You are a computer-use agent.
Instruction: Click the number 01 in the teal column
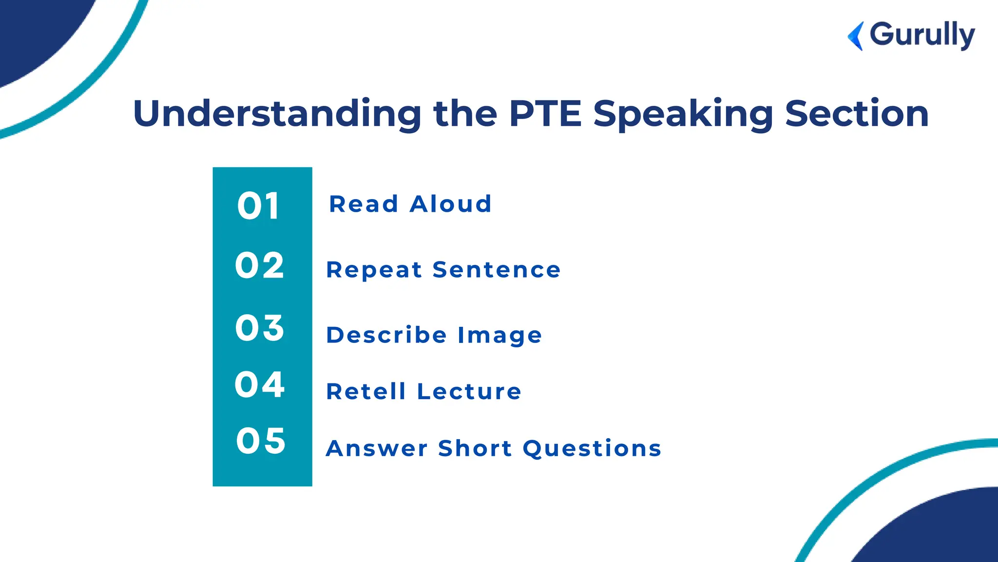coord(258,206)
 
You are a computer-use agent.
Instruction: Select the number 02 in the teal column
coord(259,266)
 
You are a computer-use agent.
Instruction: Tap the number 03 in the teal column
coord(259,327)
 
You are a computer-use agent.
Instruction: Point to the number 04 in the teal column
coord(259,384)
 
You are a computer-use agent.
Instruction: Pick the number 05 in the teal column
coord(261,441)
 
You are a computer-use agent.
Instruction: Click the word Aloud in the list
coord(450,204)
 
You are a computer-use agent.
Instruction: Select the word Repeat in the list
coord(374,270)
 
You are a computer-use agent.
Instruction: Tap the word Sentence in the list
coord(497,270)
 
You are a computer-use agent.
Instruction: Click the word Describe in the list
coord(386,335)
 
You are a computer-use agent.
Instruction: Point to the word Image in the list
coord(499,336)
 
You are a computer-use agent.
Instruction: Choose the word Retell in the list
coord(366,391)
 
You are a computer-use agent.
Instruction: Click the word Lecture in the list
coord(469,391)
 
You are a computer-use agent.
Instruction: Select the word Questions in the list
coord(592,448)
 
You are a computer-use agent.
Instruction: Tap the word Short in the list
coord(475,448)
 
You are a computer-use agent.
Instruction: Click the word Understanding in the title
coord(277,114)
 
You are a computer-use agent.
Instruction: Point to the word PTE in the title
coord(545,114)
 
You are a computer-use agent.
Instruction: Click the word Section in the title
coord(857,114)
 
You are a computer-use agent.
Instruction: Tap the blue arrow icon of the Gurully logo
coord(856,36)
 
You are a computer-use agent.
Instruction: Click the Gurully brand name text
coord(922,35)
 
